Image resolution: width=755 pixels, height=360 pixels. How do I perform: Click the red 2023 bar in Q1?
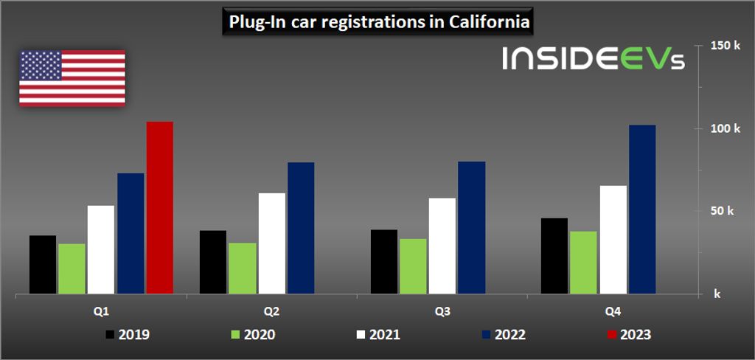[159, 208]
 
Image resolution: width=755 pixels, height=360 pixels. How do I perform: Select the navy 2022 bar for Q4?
[642, 210]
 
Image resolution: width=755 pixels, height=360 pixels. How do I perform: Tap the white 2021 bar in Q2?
[271, 243]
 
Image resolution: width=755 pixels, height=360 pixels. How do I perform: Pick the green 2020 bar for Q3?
[413, 266]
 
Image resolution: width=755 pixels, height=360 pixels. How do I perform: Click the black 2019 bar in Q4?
[554, 256]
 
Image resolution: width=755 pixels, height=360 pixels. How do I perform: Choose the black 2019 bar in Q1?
[43, 265]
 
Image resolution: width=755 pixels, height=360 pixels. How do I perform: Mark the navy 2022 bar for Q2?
[301, 228]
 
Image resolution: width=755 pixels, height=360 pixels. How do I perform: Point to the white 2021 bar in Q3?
[442, 246]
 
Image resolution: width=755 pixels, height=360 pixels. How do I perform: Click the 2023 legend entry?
[626, 335]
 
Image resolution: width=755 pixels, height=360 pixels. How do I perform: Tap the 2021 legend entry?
[376, 335]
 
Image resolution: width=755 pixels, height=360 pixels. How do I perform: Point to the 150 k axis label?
[725, 46]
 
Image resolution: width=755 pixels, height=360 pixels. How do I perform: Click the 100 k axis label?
[725, 128]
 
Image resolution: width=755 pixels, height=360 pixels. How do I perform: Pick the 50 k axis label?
[722, 211]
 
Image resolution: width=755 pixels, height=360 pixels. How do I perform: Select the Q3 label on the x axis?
[443, 311]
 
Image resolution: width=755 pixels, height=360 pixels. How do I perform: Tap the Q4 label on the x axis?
[613, 311]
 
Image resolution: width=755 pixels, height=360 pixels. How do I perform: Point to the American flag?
[72, 78]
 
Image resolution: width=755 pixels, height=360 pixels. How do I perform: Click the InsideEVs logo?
[594, 59]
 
